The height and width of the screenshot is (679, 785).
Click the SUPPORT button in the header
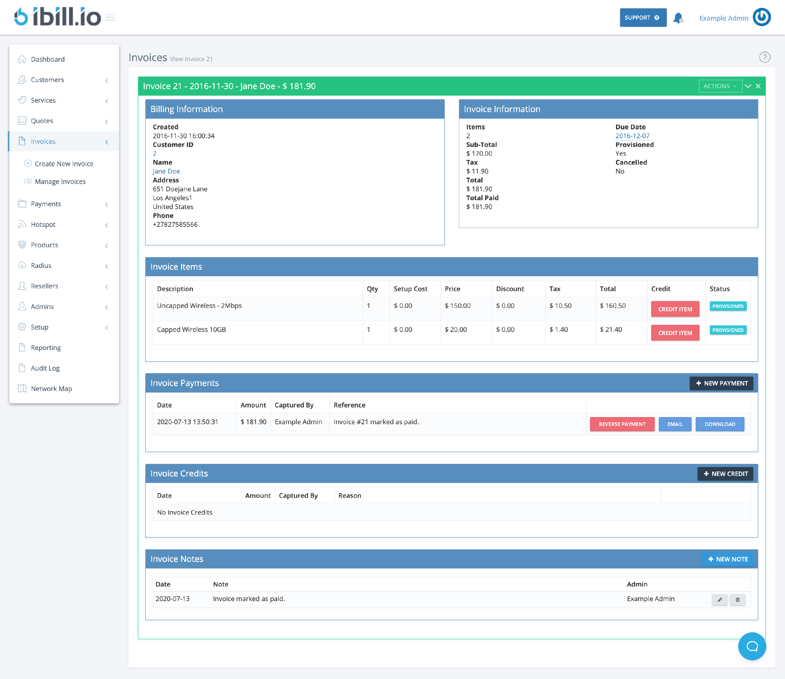pos(643,18)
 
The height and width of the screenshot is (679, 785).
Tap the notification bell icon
pos(678,18)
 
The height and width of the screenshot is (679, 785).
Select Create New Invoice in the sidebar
pos(64,164)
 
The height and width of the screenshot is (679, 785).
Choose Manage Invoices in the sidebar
pos(60,181)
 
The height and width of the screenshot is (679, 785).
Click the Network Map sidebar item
pos(51,388)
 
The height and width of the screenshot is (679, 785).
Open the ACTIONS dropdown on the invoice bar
pos(720,86)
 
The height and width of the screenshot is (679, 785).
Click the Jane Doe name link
pos(166,171)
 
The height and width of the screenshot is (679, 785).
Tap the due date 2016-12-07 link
pos(632,136)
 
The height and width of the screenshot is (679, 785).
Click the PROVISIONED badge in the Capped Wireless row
pos(728,330)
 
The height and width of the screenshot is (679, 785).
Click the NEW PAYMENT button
pos(721,383)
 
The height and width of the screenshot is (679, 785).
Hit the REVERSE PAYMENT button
pos(622,424)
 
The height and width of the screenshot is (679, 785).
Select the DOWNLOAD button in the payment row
pos(719,424)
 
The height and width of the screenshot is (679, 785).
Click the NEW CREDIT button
pos(725,474)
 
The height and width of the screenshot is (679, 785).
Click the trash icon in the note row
pos(737,600)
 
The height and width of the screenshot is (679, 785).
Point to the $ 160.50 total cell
pos(612,306)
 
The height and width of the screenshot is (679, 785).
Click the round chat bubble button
pos(752,646)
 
